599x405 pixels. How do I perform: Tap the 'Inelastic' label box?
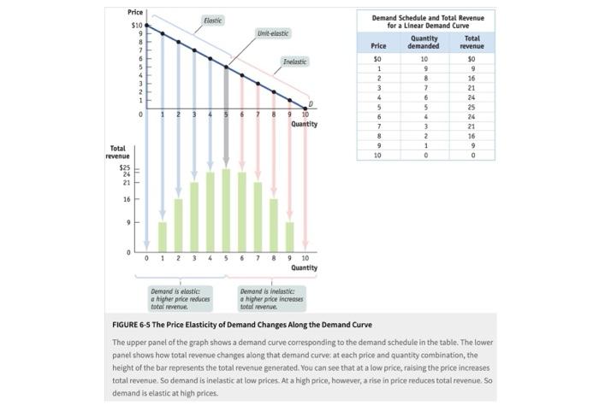(x=294, y=62)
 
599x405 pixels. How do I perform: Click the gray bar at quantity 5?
(x=227, y=120)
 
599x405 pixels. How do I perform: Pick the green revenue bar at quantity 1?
(x=162, y=237)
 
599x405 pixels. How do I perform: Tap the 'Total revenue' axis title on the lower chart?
(x=117, y=152)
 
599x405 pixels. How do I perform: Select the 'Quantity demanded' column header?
(x=424, y=43)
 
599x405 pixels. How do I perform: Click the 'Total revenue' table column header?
(x=471, y=43)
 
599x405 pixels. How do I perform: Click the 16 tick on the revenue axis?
(x=127, y=199)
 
